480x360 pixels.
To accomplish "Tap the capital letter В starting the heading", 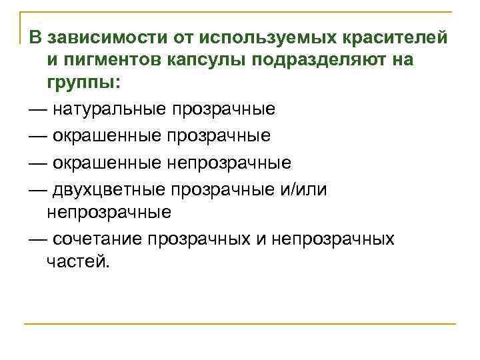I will click(36, 36).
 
